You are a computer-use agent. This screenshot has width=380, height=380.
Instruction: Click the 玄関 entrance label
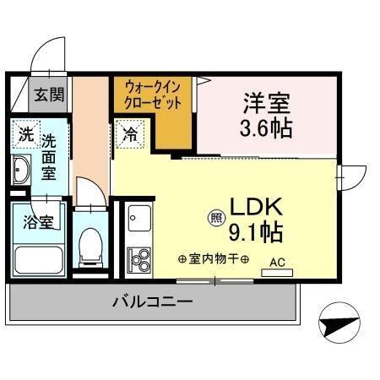48,94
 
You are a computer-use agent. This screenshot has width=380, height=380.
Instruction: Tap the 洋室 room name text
267,104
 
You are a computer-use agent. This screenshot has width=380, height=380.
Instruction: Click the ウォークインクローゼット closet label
152,92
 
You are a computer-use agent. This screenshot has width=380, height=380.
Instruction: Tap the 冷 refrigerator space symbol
132,133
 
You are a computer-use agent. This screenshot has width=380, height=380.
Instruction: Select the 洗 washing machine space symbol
26,133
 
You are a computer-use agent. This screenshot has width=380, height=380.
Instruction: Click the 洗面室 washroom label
50,157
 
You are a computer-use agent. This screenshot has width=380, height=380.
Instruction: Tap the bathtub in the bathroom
39,261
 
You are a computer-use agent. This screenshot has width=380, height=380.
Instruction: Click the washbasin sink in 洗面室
21,172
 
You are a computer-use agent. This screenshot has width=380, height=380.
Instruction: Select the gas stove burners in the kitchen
138,258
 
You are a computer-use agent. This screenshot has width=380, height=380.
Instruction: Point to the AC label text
277,262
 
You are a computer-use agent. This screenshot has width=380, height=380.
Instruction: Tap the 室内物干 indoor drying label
213,258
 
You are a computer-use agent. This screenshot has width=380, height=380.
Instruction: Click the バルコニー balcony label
152,301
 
